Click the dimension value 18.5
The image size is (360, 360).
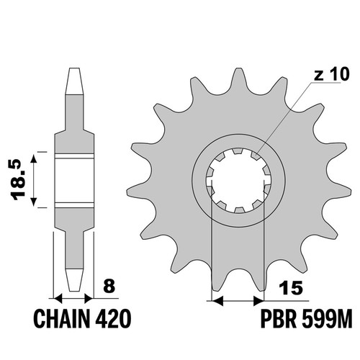19,180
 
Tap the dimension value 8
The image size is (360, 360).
109,286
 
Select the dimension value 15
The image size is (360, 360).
291,288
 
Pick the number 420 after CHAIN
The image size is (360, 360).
113,318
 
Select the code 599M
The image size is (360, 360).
327,318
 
